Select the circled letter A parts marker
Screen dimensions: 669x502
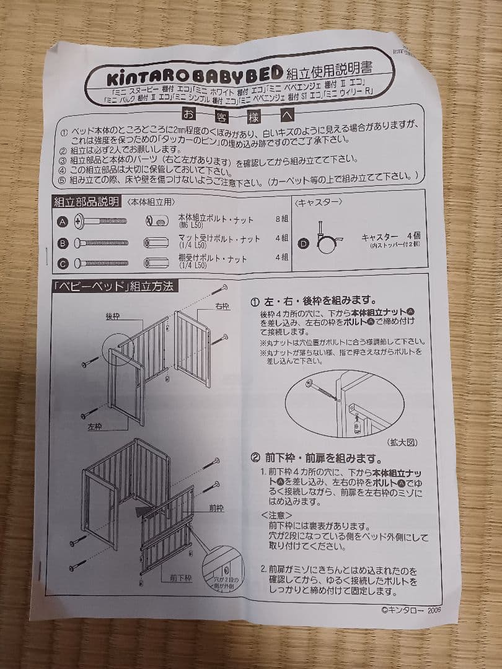[62, 221]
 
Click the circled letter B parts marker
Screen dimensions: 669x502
[62, 243]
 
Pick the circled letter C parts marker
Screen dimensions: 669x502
[62, 263]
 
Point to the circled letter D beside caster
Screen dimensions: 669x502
[303, 243]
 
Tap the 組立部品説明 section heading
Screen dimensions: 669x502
[86, 202]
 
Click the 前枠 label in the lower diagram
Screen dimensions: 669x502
[216, 508]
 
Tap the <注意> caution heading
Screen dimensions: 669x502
[276, 514]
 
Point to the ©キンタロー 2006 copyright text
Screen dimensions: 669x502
[412, 609]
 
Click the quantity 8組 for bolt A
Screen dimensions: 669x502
[281, 218]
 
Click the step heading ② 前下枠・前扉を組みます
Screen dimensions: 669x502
[315, 458]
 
